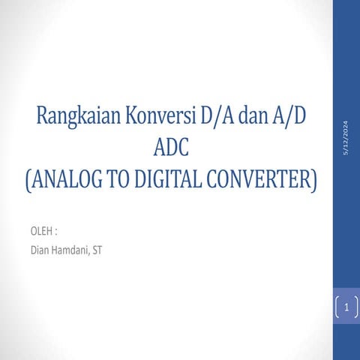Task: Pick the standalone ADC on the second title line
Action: pyautogui.click(x=170, y=147)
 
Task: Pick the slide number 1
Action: pyautogui.click(x=346, y=306)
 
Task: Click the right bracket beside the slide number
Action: pyautogui.click(x=355, y=306)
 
